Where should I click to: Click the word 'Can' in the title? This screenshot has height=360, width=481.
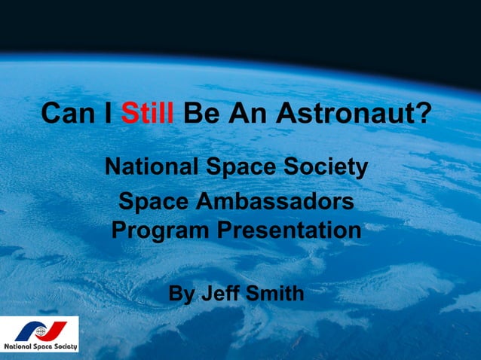pyautogui.click(x=66, y=115)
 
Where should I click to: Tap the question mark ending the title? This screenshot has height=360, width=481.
pyautogui.click(x=425, y=115)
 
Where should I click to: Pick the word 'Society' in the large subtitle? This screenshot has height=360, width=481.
pyautogui.click(x=328, y=166)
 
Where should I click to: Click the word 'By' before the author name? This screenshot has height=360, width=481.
pyautogui.click(x=181, y=292)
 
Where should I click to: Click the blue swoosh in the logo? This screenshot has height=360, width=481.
pyautogui.click(x=29, y=331)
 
